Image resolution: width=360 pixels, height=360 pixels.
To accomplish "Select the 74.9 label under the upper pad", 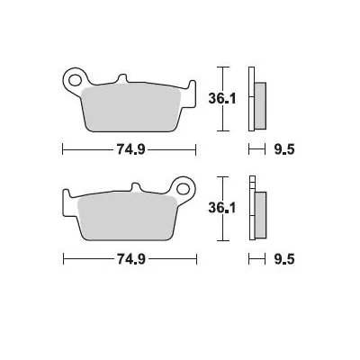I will click(x=129, y=149).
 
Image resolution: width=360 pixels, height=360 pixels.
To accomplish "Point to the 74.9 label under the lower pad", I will click(x=129, y=260).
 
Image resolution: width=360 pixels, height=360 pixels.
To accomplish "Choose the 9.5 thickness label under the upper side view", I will click(x=283, y=149).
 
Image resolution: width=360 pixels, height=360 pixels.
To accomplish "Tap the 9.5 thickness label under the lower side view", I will click(x=283, y=260).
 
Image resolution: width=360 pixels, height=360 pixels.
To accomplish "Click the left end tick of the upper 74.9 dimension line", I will click(x=62, y=149).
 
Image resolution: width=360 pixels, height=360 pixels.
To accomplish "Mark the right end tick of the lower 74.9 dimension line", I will click(x=197, y=260).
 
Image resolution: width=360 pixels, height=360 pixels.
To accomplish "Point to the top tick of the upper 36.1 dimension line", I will click(x=227, y=67).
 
